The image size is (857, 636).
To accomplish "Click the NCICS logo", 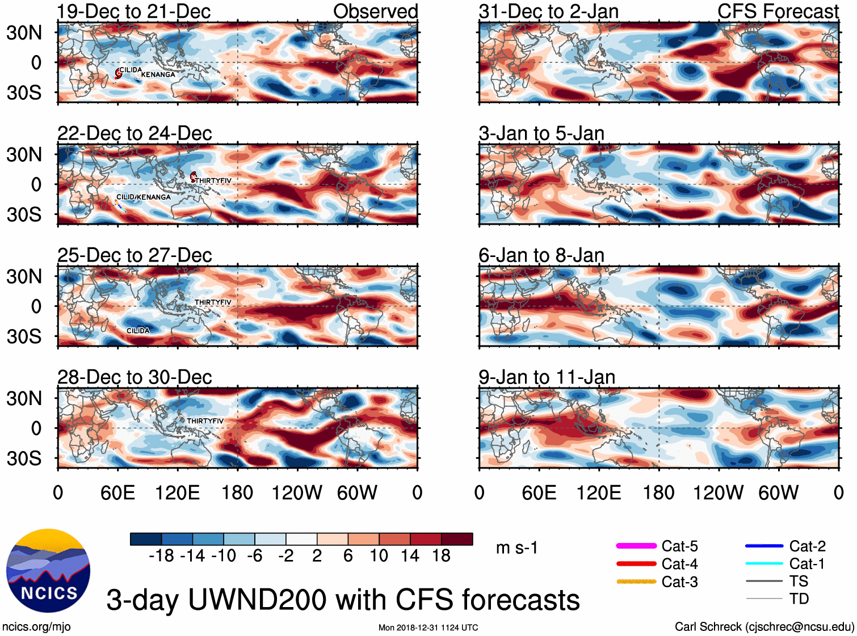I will [48, 570].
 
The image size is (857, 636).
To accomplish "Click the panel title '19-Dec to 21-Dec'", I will [134, 11].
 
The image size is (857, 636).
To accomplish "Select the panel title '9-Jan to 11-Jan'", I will [547, 377].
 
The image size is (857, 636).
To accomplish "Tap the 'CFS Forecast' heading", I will [778, 11].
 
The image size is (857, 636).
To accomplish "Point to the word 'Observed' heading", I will [375, 11].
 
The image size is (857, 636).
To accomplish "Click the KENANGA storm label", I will [158, 74].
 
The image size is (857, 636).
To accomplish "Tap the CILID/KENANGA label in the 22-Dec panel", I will [143, 197].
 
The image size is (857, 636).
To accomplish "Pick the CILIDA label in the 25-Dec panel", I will [138, 331].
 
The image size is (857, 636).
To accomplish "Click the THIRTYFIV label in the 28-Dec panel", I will [205, 421].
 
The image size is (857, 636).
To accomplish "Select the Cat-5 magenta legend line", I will [636, 546].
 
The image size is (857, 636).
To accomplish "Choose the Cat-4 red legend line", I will [636, 564].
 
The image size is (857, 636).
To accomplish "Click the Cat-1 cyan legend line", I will [764, 563].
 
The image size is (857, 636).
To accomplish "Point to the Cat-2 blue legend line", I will [764, 546].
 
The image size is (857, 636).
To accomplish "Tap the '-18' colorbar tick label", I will [161, 555].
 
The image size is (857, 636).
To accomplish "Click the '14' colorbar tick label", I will [410, 555].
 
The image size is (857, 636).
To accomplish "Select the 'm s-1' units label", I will [516, 548].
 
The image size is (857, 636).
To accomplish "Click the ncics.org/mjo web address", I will [36, 626].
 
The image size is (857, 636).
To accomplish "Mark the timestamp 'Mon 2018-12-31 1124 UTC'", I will [428, 627].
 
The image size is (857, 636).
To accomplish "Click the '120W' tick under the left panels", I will [297, 492].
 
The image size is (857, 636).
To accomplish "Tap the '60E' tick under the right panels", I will [539, 492].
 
